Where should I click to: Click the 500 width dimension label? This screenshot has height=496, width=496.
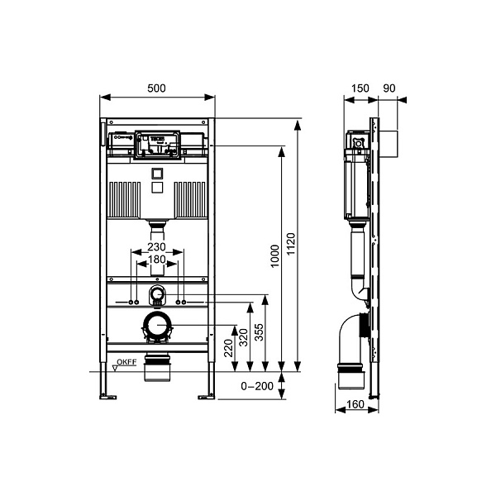156,87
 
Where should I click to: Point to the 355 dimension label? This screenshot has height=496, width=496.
259,333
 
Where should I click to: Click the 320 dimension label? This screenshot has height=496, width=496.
244,336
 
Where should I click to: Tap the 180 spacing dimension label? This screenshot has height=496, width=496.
157,261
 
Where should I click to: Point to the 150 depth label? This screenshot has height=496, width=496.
360,88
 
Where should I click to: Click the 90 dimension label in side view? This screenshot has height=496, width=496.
392,88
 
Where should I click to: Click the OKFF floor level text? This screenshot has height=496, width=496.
126,361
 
